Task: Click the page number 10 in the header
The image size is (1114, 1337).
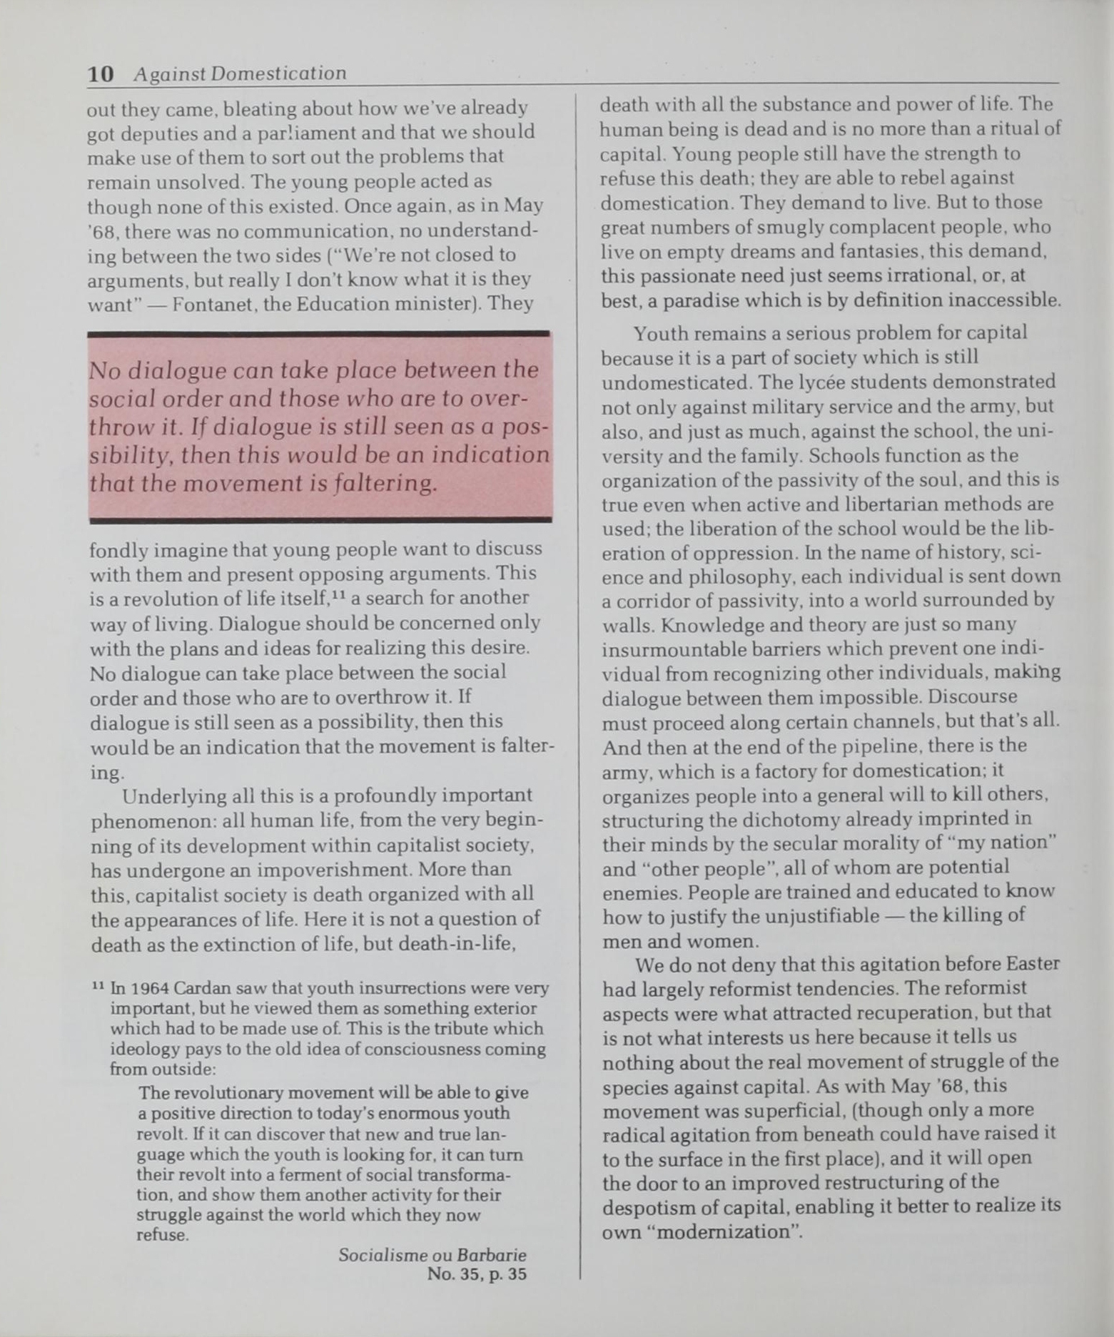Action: click(100, 73)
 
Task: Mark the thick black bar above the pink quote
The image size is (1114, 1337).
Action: click(319, 333)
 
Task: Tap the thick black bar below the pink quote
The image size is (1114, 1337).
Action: click(319, 520)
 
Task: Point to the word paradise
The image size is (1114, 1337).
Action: click(699, 300)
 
